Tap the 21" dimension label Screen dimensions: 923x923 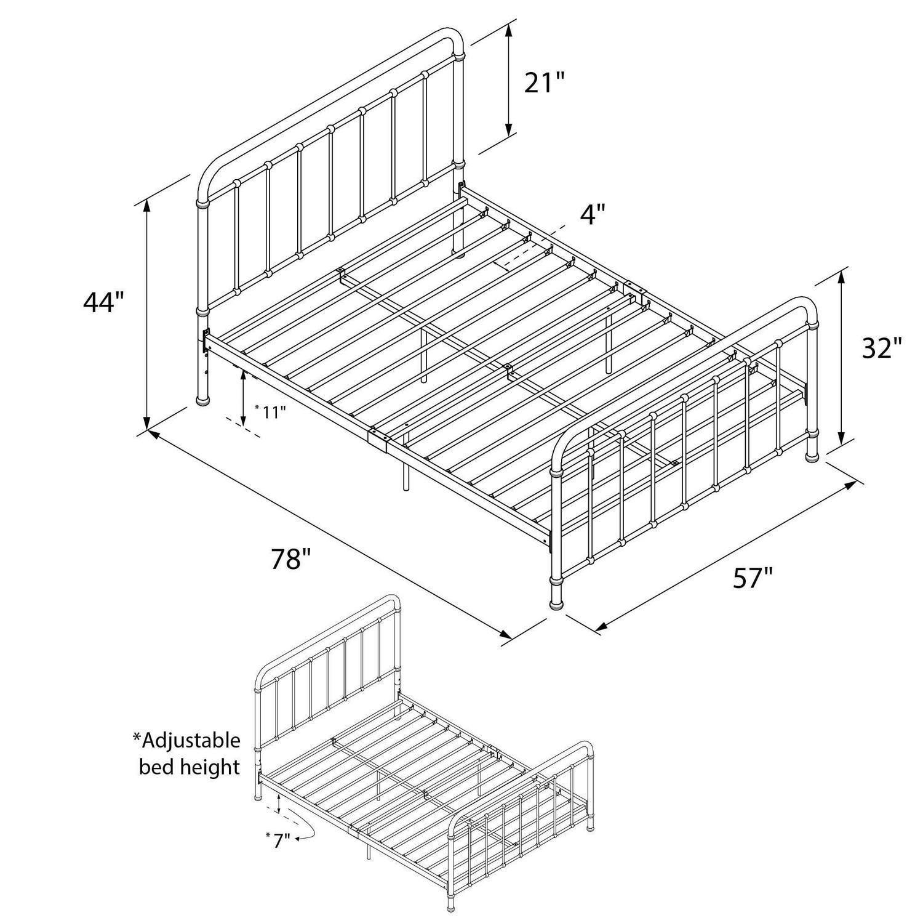click(544, 83)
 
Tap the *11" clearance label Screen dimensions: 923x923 click(271, 411)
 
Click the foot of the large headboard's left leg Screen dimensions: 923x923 click(202, 402)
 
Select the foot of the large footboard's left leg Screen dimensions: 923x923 click(556, 604)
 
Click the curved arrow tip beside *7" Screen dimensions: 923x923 click(297, 838)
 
